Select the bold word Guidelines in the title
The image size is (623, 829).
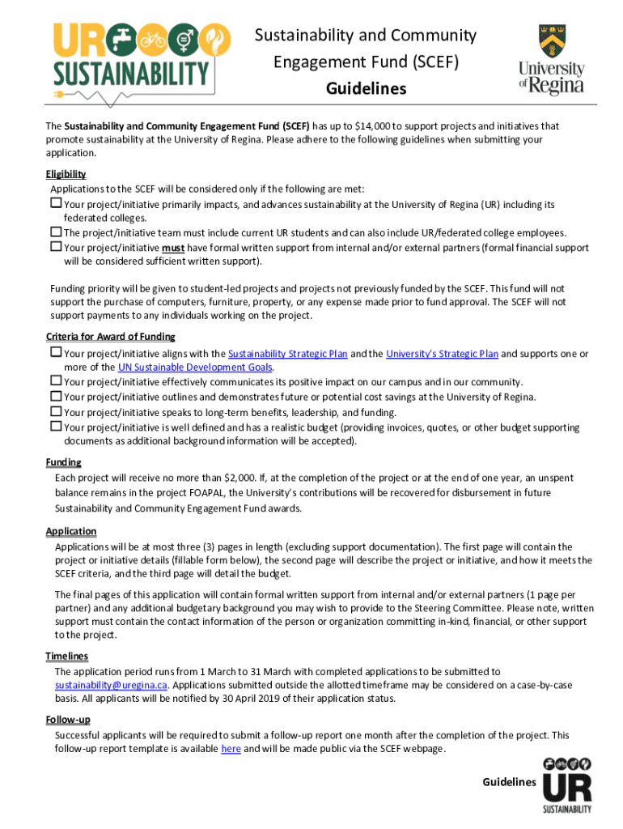(x=366, y=88)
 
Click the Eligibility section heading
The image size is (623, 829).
(x=66, y=174)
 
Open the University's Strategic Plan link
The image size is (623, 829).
(x=442, y=354)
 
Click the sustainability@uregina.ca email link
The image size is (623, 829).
(x=111, y=684)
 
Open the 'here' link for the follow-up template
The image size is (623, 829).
(x=231, y=749)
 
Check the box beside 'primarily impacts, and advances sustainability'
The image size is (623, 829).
(x=56, y=203)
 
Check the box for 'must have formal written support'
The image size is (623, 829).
(x=56, y=248)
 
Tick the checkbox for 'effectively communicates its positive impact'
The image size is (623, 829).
(x=56, y=381)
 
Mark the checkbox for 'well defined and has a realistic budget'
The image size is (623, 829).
(x=56, y=427)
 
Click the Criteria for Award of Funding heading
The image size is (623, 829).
(x=110, y=337)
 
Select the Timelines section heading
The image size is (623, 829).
(x=67, y=656)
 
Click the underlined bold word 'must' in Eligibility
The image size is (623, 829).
(x=173, y=249)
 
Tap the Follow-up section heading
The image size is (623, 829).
(x=68, y=720)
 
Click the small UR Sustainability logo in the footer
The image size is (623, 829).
(x=566, y=784)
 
